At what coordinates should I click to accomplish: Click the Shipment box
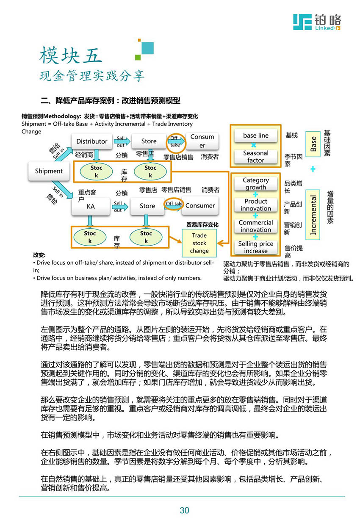click(49, 171)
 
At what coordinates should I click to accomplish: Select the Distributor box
click(92, 141)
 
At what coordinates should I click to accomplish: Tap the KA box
click(91, 206)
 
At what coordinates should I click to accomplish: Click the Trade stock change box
click(199, 243)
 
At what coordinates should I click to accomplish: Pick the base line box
click(256, 136)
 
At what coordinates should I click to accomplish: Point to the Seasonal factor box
click(256, 157)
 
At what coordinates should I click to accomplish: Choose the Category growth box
click(256, 184)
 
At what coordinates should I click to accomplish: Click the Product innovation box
click(256, 205)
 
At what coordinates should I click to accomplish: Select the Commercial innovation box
click(256, 226)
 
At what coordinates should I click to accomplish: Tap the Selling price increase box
click(256, 247)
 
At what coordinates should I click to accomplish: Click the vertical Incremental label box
click(313, 215)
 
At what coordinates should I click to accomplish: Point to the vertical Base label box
click(313, 144)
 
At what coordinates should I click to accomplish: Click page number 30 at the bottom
click(184, 511)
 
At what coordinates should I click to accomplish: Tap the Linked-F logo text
click(328, 28)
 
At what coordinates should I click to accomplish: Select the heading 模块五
click(71, 56)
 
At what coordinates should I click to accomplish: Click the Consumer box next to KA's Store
click(200, 206)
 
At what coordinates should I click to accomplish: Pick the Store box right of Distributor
click(149, 141)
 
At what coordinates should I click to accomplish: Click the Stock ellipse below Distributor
click(97, 171)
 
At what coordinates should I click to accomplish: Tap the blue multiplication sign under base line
click(254, 146)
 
